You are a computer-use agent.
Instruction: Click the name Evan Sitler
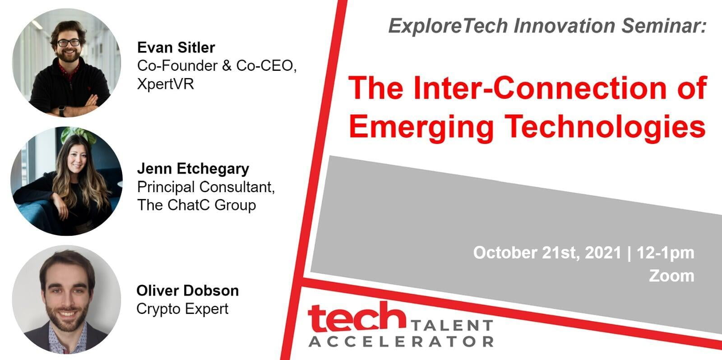point(176,48)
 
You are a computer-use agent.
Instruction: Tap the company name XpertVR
point(165,84)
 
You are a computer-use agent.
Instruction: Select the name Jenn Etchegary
point(193,169)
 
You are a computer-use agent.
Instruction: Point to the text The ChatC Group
point(197,205)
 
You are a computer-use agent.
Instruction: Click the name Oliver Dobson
point(188,291)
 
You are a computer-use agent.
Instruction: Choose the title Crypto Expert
point(182,309)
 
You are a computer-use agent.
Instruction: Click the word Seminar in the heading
point(664,26)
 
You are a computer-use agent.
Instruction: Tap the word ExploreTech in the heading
point(448,26)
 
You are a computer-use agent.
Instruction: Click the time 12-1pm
point(665,253)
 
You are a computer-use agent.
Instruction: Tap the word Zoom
point(671,276)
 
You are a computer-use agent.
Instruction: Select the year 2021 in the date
point(603,253)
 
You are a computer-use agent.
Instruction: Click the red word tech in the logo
point(357,317)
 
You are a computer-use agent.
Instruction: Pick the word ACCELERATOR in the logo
point(401,342)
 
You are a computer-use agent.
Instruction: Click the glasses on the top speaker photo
point(69,42)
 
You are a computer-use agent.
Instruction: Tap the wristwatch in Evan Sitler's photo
point(61,111)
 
